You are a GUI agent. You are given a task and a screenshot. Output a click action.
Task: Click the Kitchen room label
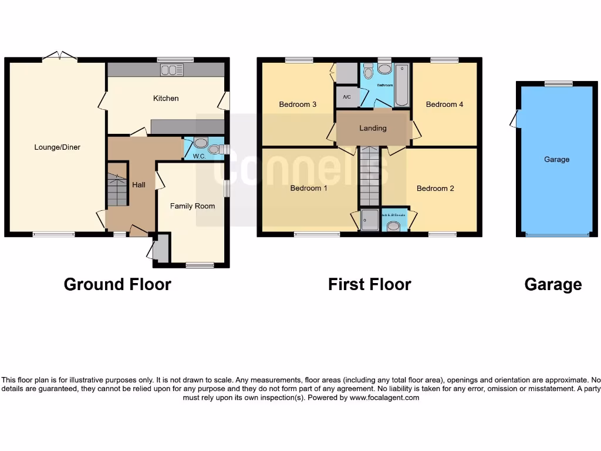(x=166, y=98)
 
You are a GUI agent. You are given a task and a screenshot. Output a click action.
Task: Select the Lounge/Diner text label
(x=57, y=147)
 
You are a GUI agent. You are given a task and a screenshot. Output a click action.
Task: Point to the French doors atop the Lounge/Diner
(x=59, y=56)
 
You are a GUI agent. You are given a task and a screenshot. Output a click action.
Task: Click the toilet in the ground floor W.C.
(x=201, y=143)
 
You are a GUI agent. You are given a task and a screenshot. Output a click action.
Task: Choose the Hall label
(x=139, y=184)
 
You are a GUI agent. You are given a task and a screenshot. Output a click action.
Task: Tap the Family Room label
(x=193, y=206)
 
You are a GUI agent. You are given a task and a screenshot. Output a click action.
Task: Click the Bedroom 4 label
(x=444, y=105)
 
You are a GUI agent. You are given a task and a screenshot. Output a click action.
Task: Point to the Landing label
(x=373, y=128)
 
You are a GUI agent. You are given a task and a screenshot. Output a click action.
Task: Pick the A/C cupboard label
(x=346, y=97)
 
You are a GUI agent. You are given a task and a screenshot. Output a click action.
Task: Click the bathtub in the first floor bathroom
(x=401, y=85)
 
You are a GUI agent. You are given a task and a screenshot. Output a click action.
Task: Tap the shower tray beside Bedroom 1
(x=370, y=220)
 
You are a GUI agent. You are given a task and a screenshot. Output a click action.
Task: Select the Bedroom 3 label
(x=298, y=105)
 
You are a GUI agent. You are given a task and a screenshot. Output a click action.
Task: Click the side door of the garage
(x=514, y=119)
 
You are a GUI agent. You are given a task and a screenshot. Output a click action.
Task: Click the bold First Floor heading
(x=369, y=285)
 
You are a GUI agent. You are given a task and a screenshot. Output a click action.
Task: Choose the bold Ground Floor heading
(x=117, y=285)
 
